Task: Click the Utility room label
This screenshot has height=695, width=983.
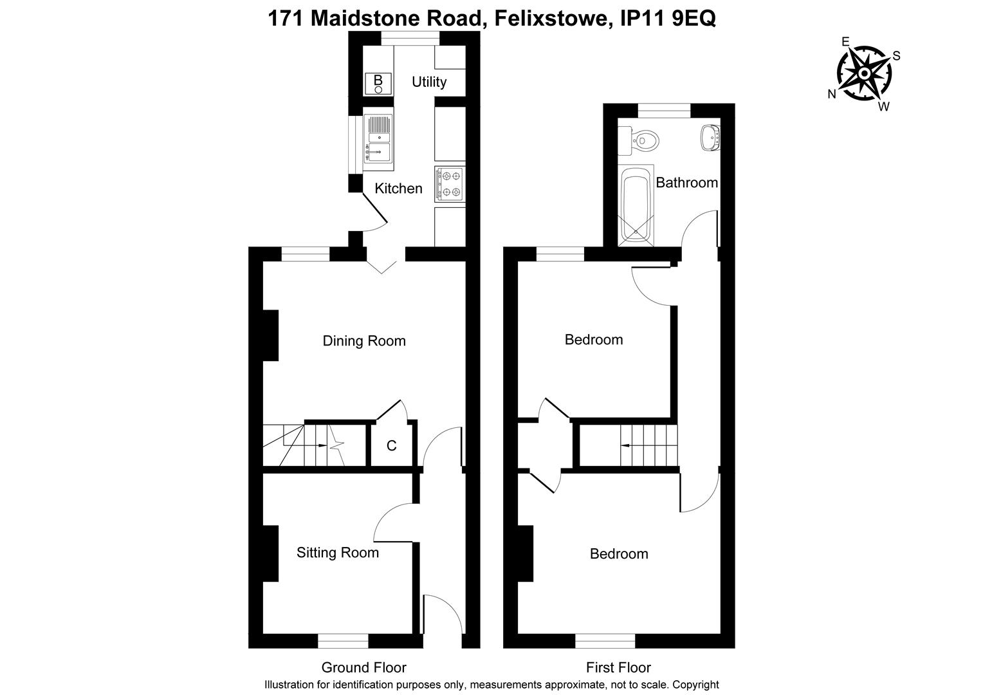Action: coord(428,82)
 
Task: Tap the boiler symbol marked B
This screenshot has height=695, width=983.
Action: coord(378,82)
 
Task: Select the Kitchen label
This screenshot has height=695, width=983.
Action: coord(398,189)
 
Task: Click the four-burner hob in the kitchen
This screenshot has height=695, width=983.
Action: coord(450,183)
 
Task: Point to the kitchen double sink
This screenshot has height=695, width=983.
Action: coord(378,138)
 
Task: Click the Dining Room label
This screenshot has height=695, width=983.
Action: coord(364,341)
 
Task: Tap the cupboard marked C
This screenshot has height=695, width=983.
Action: coord(391,445)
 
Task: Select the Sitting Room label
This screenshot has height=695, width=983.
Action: coord(337,553)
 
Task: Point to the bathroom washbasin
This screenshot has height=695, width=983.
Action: coord(709,137)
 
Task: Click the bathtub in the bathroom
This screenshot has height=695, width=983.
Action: coord(636,206)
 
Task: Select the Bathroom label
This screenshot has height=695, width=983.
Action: coord(686,183)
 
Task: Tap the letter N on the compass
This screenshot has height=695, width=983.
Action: coord(832,94)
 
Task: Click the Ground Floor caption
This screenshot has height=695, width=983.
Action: coord(363,667)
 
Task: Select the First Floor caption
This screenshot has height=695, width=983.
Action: coord(618,667)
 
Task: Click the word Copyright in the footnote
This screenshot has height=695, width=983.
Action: coord(697,685)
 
